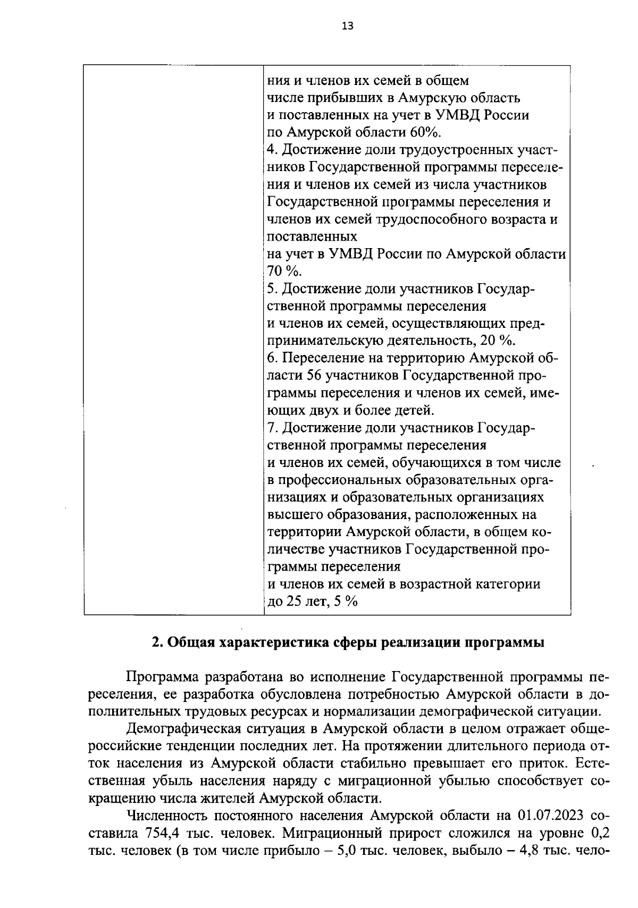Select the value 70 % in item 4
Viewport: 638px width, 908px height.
(x=283, y=271)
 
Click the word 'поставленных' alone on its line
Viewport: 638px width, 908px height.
(x=312, y=236)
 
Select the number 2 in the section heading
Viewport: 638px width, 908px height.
(x=156, y=642)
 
